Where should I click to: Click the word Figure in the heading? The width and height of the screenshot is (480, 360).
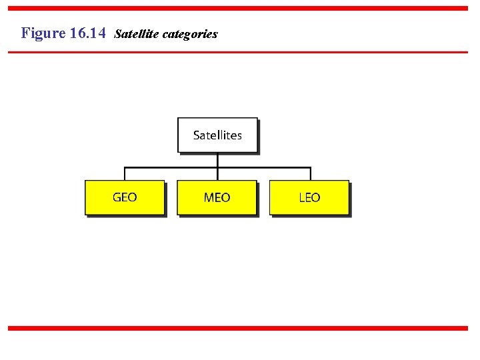coord(43,33)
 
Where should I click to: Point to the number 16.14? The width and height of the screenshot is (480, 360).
coord(87,33)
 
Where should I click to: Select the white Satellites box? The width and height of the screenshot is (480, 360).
coord(217,135)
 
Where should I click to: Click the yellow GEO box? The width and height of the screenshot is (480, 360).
coord(125,197)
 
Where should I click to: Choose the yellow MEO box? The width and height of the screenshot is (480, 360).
coord(217,197)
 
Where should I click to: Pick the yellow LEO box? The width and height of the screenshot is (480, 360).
coord(309,197)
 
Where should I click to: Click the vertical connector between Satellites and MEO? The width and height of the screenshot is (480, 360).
coord(217,160)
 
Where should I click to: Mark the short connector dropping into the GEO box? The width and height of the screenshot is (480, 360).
coord(125,173)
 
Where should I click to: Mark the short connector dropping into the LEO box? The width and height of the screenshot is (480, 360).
coord(309,173)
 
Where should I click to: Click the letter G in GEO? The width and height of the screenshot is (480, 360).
coord(117,197)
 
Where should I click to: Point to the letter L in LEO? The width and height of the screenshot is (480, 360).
coord(302,197)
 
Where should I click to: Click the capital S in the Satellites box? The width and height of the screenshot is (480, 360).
coord(197,135)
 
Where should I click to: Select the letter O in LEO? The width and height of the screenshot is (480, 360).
coord(316,197)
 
